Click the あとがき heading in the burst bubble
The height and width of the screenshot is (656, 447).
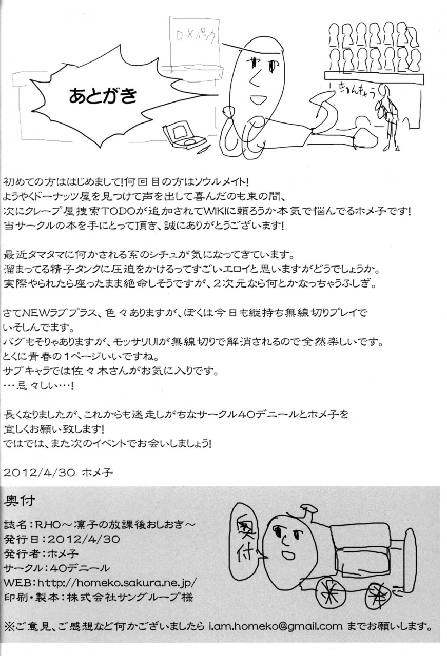103,96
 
